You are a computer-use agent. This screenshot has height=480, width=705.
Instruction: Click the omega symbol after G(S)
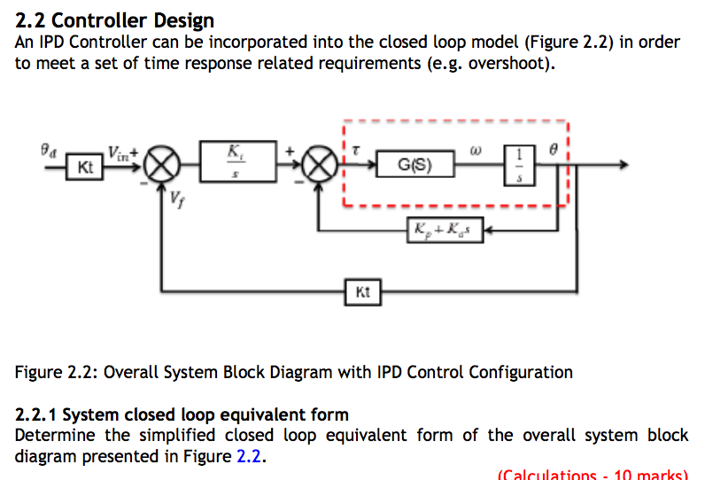point(476,150)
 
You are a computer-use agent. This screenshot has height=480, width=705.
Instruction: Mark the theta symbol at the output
point(553,151)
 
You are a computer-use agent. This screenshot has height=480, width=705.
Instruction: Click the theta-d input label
point(50,152)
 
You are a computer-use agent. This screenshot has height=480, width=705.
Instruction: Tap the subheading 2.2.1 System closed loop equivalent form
point(182,414)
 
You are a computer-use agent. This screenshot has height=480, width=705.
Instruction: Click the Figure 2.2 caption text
point(293,373)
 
